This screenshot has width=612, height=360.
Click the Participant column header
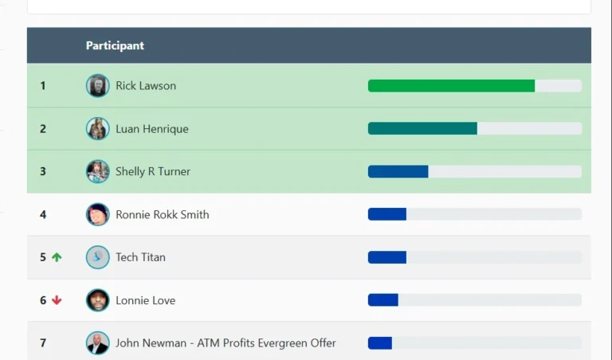point(115,45)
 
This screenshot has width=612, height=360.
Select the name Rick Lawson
point(146,86)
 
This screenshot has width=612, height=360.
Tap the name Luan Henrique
point(152,129)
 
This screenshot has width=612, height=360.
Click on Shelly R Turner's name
point(153,171)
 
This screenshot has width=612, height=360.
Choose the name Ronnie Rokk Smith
point(162,214)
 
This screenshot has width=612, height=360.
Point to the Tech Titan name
point(140,257)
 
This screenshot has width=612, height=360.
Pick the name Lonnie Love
point(145,300)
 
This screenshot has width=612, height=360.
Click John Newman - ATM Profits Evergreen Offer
point(226,342)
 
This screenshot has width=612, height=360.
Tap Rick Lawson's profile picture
point(97,85)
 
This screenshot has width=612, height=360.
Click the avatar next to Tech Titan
point(97,257)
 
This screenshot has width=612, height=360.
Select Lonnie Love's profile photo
point(97,300)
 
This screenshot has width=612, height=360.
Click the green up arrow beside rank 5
point(57,257)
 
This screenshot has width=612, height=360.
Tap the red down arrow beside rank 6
point(57,300)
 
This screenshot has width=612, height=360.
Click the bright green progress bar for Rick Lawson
point(451,86)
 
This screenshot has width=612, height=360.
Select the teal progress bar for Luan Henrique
point(422,128)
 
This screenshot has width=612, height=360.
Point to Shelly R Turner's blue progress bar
point(398,171)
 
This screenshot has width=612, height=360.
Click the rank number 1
point(43,86)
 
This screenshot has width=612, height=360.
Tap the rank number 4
point(43,214)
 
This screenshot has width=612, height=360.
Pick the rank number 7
point(43,342)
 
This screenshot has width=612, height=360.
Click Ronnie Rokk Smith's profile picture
point(97,214)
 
